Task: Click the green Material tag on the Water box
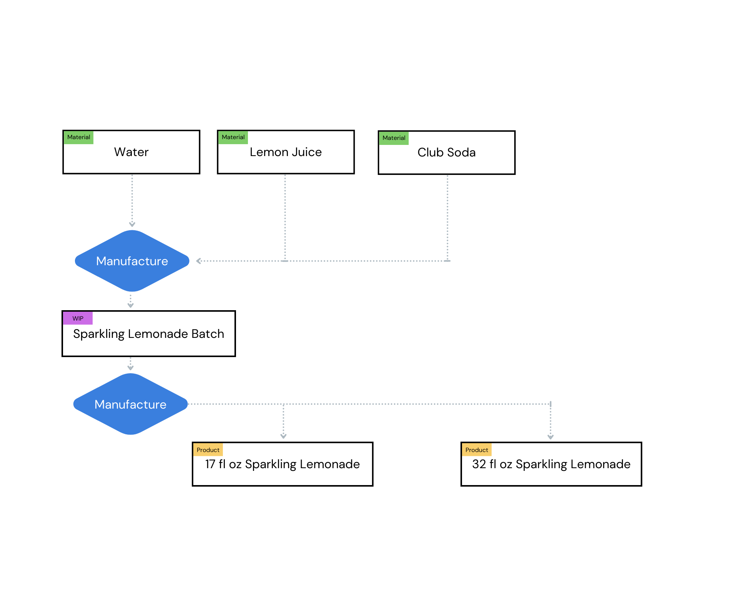(78, 137)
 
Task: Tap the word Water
(131, 152)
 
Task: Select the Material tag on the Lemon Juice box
(233, 137)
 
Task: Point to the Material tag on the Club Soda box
(394, 138)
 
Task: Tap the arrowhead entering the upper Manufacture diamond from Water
(132, 224)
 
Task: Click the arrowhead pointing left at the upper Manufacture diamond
(199, 261)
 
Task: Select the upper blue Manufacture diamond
(132, 261)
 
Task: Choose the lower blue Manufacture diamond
(130, 404)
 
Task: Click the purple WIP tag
(78, 318)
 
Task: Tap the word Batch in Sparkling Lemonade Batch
(208, 334)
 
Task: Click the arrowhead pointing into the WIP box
(130, 306)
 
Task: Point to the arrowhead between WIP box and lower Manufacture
(130, 367)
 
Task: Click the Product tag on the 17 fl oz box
(208, 450)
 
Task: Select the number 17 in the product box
(210, 464)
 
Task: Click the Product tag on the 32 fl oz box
(476, 450)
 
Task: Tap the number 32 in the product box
(479, 464)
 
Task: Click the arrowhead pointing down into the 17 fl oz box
(283, 436)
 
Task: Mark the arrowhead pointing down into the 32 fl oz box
(550, 437)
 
